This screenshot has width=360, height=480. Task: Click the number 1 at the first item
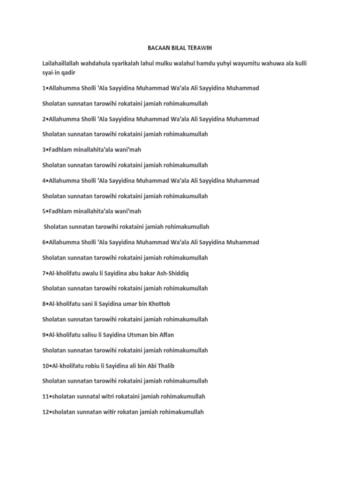(44, 88)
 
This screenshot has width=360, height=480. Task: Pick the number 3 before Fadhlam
(44, 150)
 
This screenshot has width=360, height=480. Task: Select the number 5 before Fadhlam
(44, 211)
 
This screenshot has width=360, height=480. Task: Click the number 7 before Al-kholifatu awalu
(44, 273)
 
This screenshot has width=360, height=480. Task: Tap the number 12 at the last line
(45, 412)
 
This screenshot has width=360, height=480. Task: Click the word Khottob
(158, 304)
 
